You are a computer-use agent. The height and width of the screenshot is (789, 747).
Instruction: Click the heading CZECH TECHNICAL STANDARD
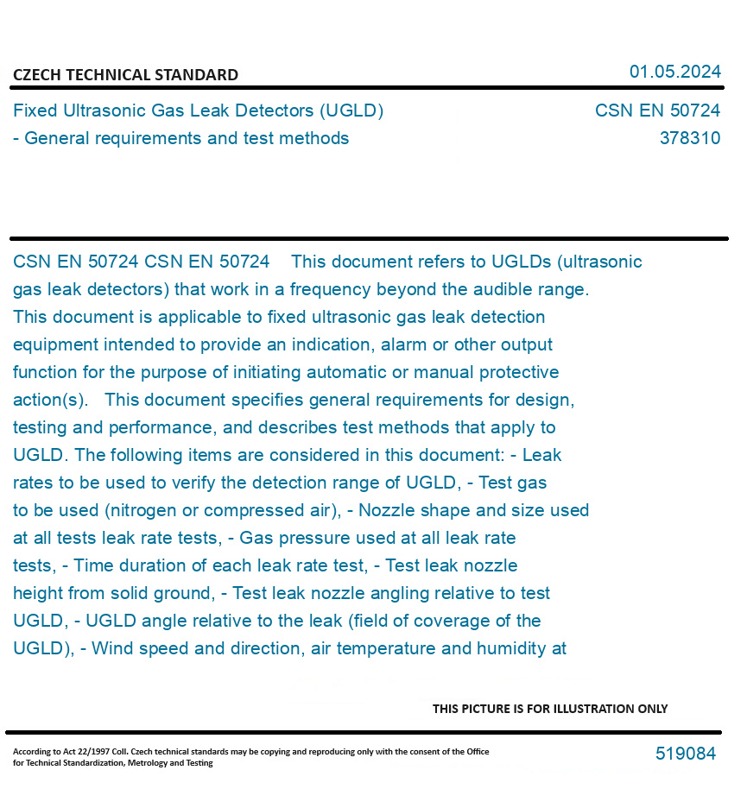125,75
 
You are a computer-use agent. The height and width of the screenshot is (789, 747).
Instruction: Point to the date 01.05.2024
674,72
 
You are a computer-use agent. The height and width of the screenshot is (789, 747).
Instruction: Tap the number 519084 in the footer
685,754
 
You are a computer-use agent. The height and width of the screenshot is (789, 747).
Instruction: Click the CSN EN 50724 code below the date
657,110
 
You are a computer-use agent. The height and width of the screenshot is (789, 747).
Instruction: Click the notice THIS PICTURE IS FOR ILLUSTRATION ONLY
549,709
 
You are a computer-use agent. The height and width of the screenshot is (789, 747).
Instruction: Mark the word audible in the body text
503,289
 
